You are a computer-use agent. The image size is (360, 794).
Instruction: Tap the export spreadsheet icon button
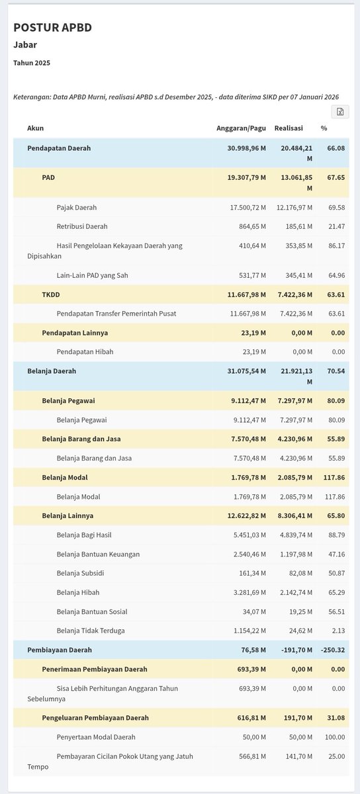339,112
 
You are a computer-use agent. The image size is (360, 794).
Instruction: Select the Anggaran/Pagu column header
241,128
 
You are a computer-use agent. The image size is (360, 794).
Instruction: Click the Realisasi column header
289,128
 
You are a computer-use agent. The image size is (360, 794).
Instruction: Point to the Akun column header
35,128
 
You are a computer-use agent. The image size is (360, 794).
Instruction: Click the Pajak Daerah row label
81,207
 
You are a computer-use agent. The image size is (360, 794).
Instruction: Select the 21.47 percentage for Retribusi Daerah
337,226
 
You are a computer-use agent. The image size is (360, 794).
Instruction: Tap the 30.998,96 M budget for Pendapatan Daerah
247,148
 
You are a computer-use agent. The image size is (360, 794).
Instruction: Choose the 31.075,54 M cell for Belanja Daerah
247,371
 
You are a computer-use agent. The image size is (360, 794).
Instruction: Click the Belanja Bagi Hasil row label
89,535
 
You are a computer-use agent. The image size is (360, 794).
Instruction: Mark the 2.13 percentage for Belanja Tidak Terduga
339,631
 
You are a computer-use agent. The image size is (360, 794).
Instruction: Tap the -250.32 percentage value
333,650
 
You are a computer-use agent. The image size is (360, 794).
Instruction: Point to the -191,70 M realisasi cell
292,650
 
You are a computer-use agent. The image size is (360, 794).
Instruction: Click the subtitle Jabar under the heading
25,45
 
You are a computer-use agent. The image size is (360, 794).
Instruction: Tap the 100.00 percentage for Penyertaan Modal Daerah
335,736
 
